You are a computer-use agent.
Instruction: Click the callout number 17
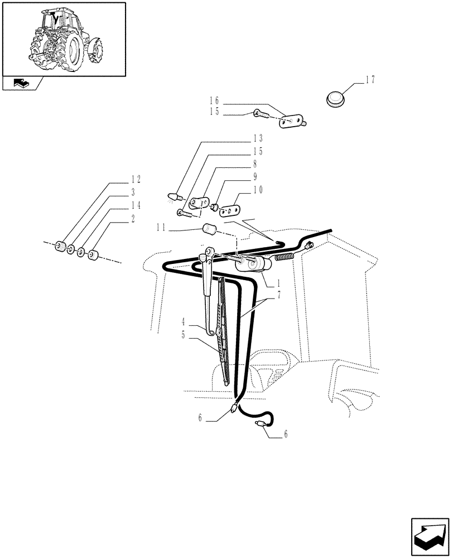click(x=370, y=80)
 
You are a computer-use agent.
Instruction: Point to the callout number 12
click(x=136, y=180)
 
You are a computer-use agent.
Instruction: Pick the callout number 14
click(x=136, y=206)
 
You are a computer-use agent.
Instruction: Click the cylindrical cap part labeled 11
click(x=210, y=228)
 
